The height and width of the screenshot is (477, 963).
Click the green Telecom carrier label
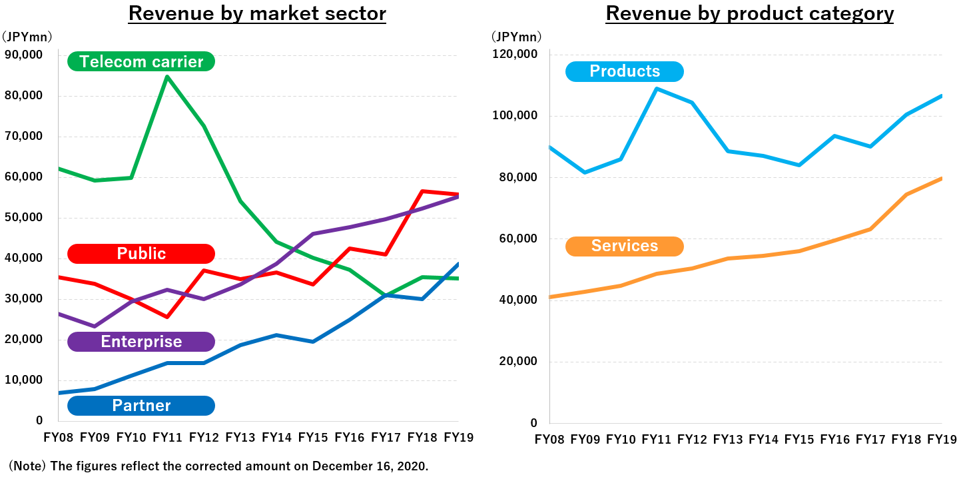141,62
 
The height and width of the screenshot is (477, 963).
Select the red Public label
141,254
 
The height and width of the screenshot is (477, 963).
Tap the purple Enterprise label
141,342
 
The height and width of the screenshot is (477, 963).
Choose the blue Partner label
141,406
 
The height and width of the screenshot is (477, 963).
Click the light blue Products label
624,71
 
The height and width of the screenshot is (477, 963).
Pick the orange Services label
624,246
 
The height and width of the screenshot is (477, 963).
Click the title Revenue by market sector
257,13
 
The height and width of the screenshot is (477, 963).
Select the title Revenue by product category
749,13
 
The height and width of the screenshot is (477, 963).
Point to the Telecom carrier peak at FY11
166,77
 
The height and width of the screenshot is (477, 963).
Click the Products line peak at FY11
657,89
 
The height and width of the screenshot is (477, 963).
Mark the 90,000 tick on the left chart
23,55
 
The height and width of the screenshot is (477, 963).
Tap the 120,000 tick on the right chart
515,55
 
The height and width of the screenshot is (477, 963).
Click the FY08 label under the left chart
58,438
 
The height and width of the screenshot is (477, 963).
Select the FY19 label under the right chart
942,440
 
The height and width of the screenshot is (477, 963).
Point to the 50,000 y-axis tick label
23,217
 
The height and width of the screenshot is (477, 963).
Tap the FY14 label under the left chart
276,438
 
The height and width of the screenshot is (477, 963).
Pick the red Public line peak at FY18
422,191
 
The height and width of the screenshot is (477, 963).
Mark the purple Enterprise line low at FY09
95,326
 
